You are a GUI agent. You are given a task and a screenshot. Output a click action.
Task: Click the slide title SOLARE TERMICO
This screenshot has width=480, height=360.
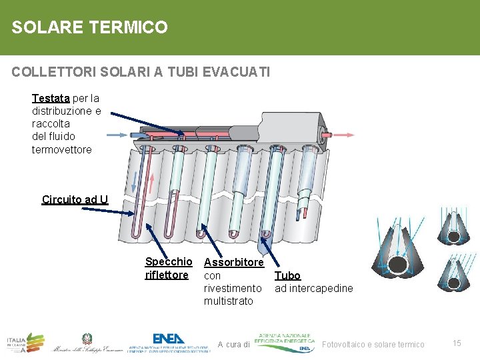pos(89,27)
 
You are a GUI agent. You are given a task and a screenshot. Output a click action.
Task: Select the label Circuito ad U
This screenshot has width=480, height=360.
pos(75,199)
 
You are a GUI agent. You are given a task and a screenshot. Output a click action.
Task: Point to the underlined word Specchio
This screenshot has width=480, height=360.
pos(168,262)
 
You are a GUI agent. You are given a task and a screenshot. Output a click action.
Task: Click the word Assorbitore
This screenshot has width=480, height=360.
pos(233,263)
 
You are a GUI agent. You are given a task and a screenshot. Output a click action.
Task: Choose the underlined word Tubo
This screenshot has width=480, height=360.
pos(287,275)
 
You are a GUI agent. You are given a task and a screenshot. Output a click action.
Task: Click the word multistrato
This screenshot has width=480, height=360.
pos(229,301)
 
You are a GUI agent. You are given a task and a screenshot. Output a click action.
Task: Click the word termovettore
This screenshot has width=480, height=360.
pos(62,149)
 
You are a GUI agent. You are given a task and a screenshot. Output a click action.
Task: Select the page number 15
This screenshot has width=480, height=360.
pos(457,343)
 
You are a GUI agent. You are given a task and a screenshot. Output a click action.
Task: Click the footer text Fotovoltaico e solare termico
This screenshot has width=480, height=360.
pos(373,345)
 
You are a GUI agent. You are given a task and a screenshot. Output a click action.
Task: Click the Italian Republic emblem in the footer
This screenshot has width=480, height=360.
pos(87,339)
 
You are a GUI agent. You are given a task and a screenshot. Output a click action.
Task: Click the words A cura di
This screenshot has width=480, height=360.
pos(233,345)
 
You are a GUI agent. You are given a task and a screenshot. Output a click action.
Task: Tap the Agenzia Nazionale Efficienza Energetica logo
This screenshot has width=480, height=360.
pos(285,341)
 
